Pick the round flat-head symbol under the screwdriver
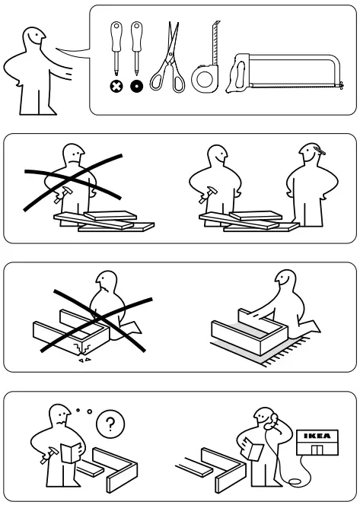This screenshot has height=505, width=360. click(x=138, y=87)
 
